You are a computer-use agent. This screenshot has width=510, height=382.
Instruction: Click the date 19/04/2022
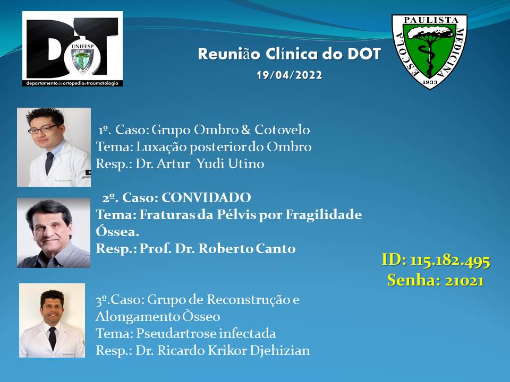[290, 75]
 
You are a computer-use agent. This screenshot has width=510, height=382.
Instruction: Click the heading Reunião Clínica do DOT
[289, 54]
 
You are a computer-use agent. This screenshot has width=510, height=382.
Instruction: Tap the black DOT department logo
[73, 49]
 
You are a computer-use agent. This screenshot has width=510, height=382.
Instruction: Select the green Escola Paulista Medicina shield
[429, 51]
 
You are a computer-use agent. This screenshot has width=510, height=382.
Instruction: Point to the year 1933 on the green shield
[430, 82]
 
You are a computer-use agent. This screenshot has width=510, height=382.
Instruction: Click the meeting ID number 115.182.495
[450, 261]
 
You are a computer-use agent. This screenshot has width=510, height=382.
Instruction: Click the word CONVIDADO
[206, 197]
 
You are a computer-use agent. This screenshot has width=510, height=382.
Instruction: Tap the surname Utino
[246, 163]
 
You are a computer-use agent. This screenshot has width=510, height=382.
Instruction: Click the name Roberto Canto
[247, 248]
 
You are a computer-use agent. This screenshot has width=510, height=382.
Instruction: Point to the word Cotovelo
[282, 129]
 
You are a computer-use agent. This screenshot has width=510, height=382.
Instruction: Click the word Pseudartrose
[176, 334]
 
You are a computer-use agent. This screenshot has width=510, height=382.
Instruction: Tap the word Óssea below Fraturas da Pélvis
[117, 231]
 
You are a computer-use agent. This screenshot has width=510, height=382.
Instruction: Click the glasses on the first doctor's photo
[44, 129]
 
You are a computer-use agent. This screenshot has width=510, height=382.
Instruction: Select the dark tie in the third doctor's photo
[52, 338]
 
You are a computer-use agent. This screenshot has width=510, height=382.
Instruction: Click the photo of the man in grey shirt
[54, 232]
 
